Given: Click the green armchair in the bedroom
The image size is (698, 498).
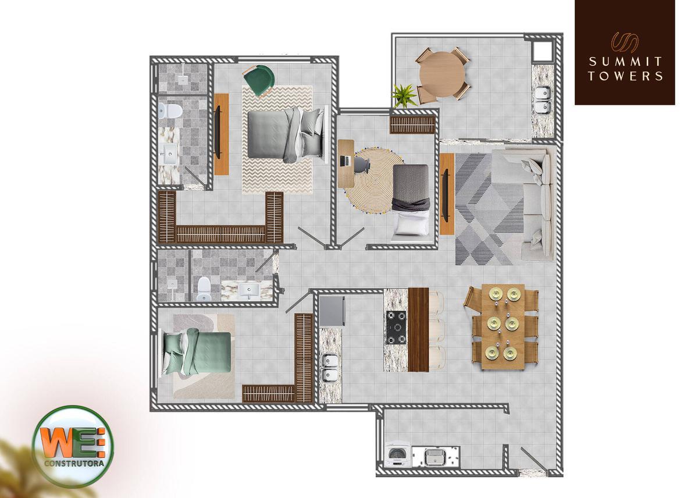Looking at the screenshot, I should coord(258,80).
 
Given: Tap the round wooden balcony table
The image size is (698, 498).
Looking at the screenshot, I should coord(441,74).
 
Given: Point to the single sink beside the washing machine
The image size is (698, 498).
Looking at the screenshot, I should coord(435,457).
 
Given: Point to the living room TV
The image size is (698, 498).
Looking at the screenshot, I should coord(446,195).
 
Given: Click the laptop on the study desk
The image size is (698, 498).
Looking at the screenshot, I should coord(344,161).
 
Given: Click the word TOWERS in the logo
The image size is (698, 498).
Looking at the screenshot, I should coord(625,76).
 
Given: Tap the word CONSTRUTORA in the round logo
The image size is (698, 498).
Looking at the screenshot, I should coord(73,463).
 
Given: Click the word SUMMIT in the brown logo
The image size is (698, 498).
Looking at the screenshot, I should coord(625,62).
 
